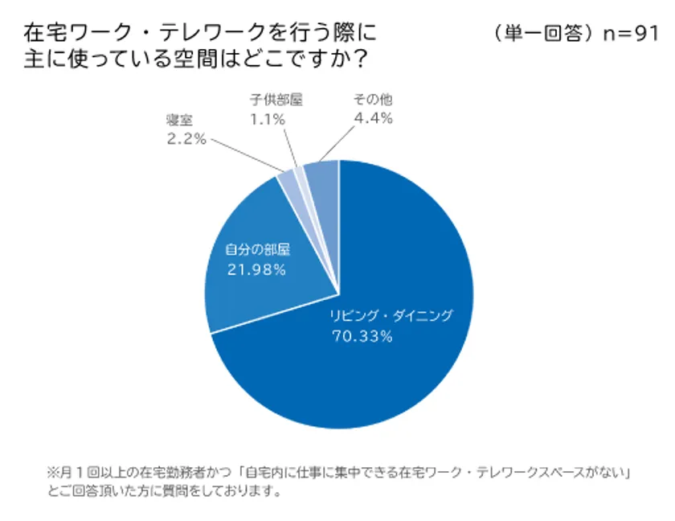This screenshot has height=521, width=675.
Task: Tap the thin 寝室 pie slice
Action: (x=288, y=184)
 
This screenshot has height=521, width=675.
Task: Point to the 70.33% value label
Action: (x=362, y=337)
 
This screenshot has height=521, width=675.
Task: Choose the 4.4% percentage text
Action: (x=372, y=119)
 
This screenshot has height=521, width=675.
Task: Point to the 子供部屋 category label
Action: (x=276, y=101)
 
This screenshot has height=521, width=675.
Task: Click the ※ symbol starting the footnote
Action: (x=54, y=473)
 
